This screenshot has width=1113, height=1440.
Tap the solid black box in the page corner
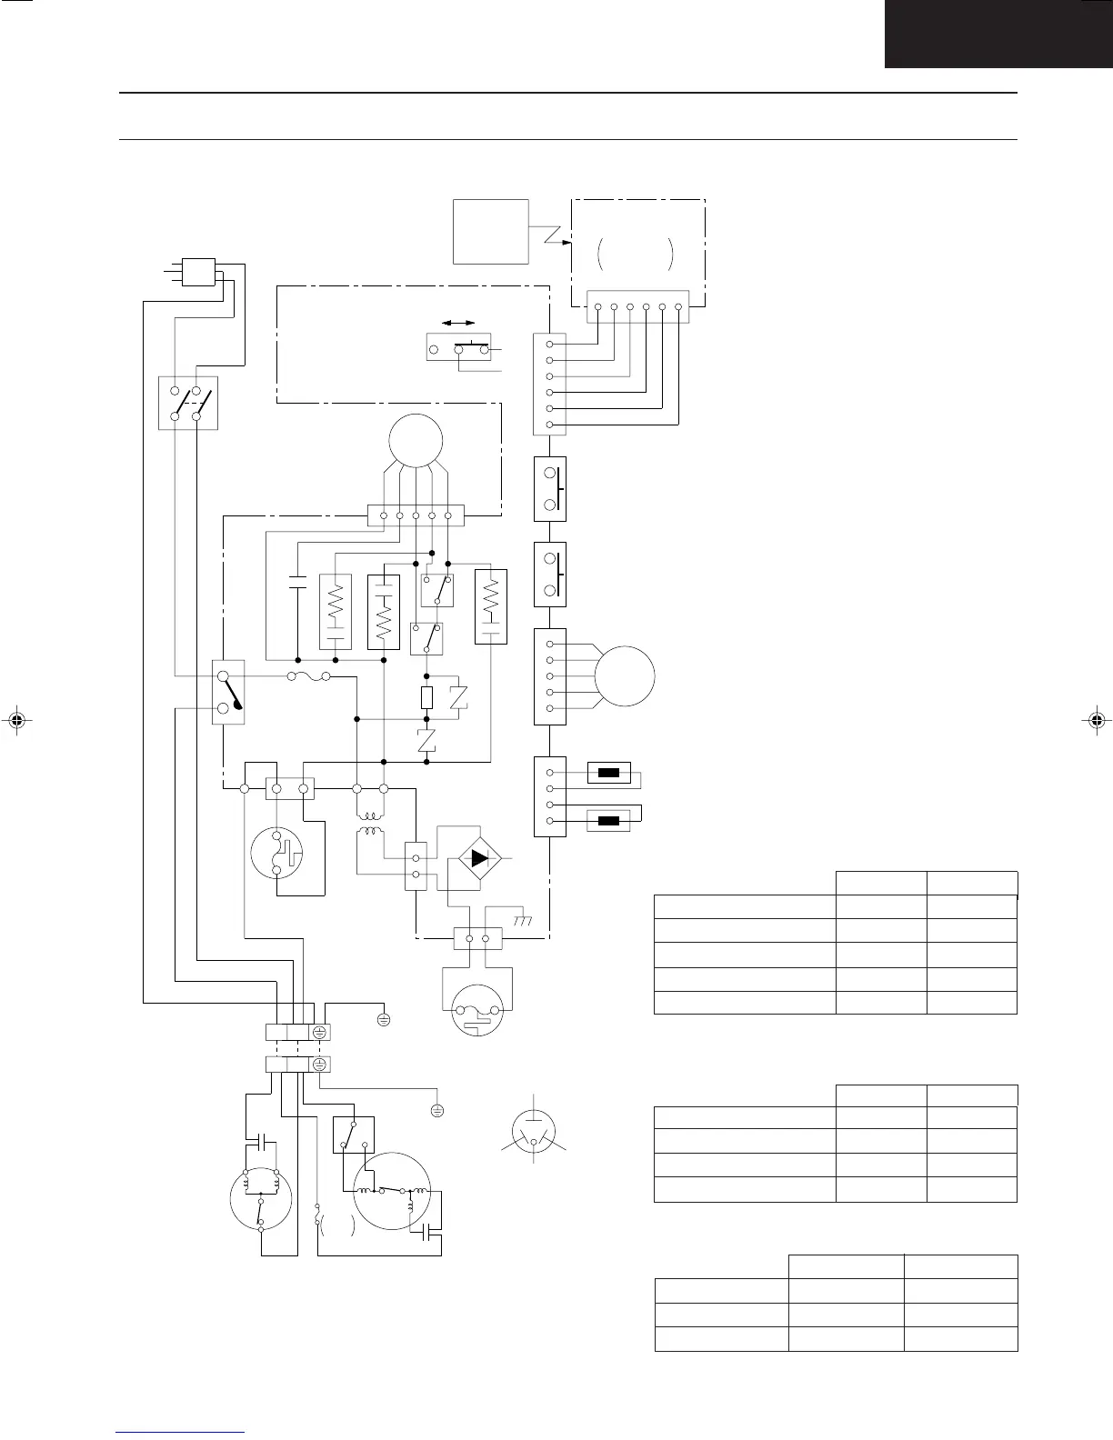[998, 34]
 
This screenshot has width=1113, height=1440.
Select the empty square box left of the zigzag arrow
[491, 231]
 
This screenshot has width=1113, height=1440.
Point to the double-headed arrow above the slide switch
[458, 323]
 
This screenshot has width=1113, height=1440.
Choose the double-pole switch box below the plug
[188, 403]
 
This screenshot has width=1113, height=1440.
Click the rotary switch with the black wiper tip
[227, 692]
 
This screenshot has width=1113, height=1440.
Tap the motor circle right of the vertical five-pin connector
[625, 676]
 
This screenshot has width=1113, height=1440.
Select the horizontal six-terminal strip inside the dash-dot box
[638, 305]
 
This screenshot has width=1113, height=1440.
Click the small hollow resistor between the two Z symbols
[427, 698]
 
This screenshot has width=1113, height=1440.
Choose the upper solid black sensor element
[608, 775]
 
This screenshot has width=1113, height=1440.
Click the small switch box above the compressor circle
[354, 1134]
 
